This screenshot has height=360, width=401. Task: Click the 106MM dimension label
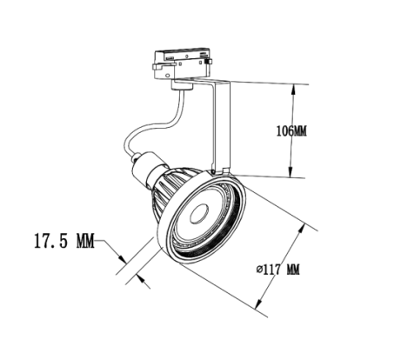click(x=291, y=131)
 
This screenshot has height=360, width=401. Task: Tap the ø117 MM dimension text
click(x=278, y=270)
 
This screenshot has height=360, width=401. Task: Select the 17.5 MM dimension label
click(x=64, y=241)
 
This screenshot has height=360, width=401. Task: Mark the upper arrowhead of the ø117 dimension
click(x=303, y=229)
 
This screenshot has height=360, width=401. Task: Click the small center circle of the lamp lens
click(x=199, y=214)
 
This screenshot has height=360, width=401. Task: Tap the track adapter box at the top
click(x=182, y=63)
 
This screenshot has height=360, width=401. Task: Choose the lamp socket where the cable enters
click(x=146, y=167)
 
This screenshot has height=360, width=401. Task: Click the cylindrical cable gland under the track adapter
click(x=182, y=86)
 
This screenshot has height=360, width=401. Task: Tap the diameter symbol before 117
click(x=259, y=270)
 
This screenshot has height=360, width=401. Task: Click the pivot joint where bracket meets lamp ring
click(x=213, y=173)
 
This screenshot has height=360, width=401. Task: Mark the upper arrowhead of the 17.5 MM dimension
click(x=122, y=258)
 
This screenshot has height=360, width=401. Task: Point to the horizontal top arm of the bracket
click(x=203, y=80)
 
